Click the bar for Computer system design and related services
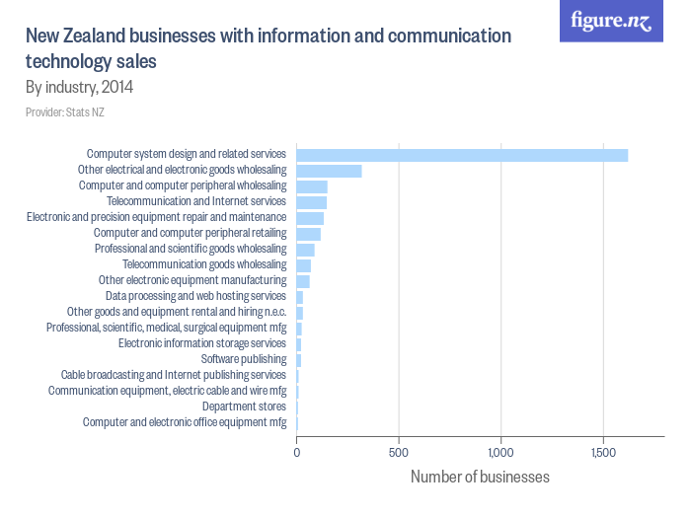(x=462, y=155)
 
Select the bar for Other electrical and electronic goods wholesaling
(x=329, y=171)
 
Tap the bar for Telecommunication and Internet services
(x=312, y=202)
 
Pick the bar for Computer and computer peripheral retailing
(x=309, y=234)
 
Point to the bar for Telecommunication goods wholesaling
(x=304, y=265)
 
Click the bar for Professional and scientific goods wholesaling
(x=306, y=250)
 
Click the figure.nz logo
(x=611, y=22)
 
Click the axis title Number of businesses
(x=480, y=478)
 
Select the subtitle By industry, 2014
(x=79, y=87)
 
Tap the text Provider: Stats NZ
(x=65, y=112)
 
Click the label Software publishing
(x=244, y=359)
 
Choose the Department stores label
(x=244, y=407)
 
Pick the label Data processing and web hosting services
(x=195, y=296)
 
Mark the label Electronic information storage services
(x=202, y=343)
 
